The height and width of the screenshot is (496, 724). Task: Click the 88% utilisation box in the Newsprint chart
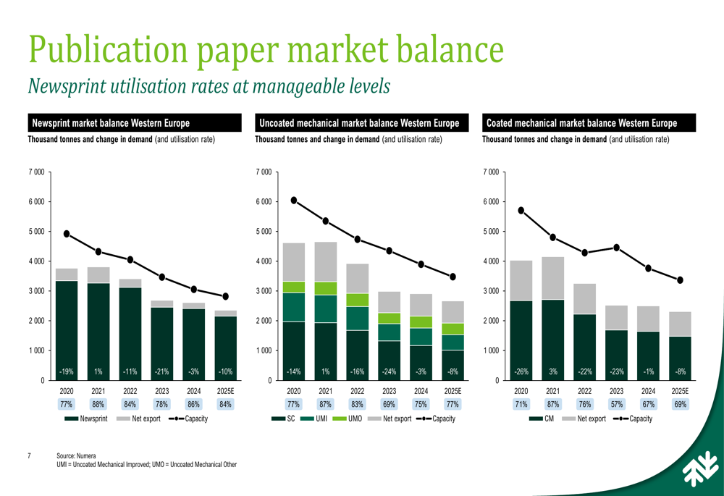coord(98,405)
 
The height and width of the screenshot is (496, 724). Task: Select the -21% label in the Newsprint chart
coord(161,371)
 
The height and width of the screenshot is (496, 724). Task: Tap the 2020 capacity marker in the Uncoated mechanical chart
coord(294,200)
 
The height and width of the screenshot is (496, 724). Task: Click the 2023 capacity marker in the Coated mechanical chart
coord(617,248)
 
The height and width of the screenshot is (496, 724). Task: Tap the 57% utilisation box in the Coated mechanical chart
coord(617,405)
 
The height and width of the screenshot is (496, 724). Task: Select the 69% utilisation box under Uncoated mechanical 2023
coord(390,405)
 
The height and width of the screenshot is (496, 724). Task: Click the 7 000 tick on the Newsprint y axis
coord(35,172)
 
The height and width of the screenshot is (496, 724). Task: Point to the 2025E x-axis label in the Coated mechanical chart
coord(680,390)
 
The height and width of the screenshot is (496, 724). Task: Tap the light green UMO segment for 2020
coord(294,287)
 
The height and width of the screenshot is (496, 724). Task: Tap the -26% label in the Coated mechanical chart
coord(521,371)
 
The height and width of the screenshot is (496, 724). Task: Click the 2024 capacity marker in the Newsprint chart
coord(193,289)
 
